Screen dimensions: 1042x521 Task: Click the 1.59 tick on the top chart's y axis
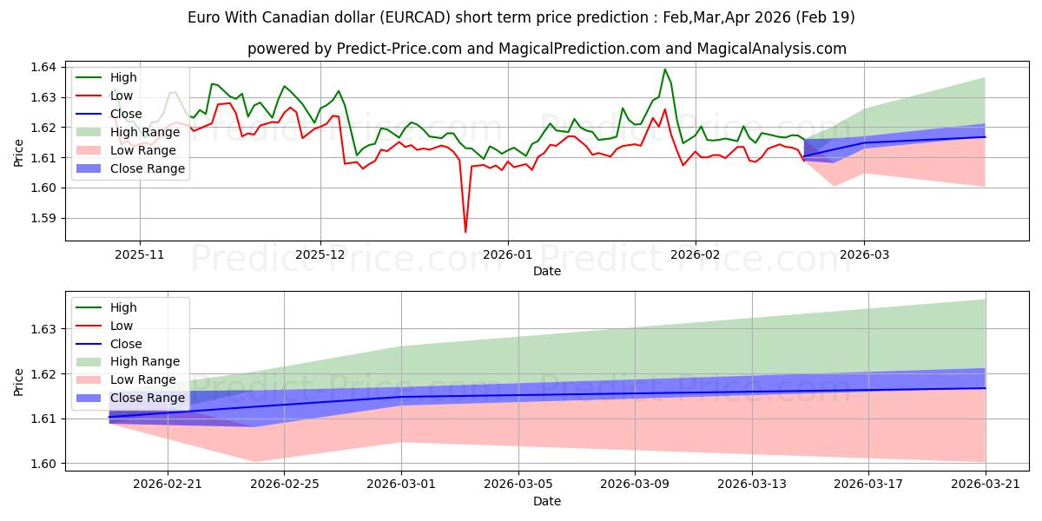[x=43, y=218]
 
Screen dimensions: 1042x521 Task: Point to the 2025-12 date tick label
[x=320, y=255]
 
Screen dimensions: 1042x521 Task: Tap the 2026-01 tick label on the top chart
[x=508, y=255]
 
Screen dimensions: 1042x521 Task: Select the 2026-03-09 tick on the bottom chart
[x=635, y=485]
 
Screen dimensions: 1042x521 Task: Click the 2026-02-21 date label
[x=168, y=485]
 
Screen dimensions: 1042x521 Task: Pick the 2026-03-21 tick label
[x=986, y=485]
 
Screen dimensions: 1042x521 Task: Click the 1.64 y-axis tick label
[x=43, y=68]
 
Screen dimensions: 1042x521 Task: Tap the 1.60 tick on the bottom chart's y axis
[x=43, y=464]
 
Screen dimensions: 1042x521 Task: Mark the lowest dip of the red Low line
[x=465, y=232]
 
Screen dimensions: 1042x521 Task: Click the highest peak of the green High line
[x=665, y=69]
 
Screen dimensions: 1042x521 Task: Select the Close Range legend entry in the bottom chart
[x=129, y=399]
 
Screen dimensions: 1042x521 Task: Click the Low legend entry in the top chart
[x=104, y=96]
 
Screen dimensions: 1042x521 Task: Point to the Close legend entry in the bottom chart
[x=109, y=344]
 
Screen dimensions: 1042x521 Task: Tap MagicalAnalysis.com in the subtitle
[x=771, y=49]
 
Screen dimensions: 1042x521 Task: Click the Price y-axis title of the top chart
[x=18, y=153]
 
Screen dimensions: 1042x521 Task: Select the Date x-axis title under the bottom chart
[x=547, y=502]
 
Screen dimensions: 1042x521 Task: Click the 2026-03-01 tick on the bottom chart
[x=401, y=485]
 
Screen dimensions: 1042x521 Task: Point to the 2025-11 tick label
[x=140, y=255]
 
